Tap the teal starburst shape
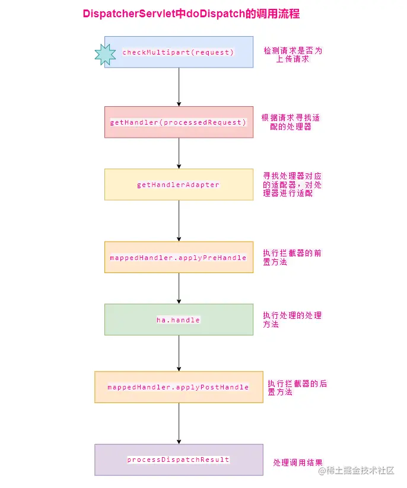coord(106,54)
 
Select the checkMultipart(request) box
coord(179,52)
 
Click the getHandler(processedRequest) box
coord(179,122)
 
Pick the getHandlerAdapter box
coord(179,185)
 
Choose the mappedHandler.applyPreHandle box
coord(179,257)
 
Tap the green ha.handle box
coord(179,320)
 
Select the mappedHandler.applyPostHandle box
coord(179,387)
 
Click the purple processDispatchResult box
coord(179,460)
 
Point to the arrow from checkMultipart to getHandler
coord(179,87)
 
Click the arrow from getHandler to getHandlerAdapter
coord(179,153)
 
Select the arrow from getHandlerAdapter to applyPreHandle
coord(179,221)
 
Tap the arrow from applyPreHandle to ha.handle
coord(179,289)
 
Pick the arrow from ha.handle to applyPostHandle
coord(179,354)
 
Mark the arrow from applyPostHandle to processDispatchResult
coord(179,423)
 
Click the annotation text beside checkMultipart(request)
coord(293,55)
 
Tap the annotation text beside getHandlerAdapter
coord(292,185)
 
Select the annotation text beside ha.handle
coord(292,320)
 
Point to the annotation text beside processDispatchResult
coord(298,462)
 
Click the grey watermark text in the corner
coord(357,471)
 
